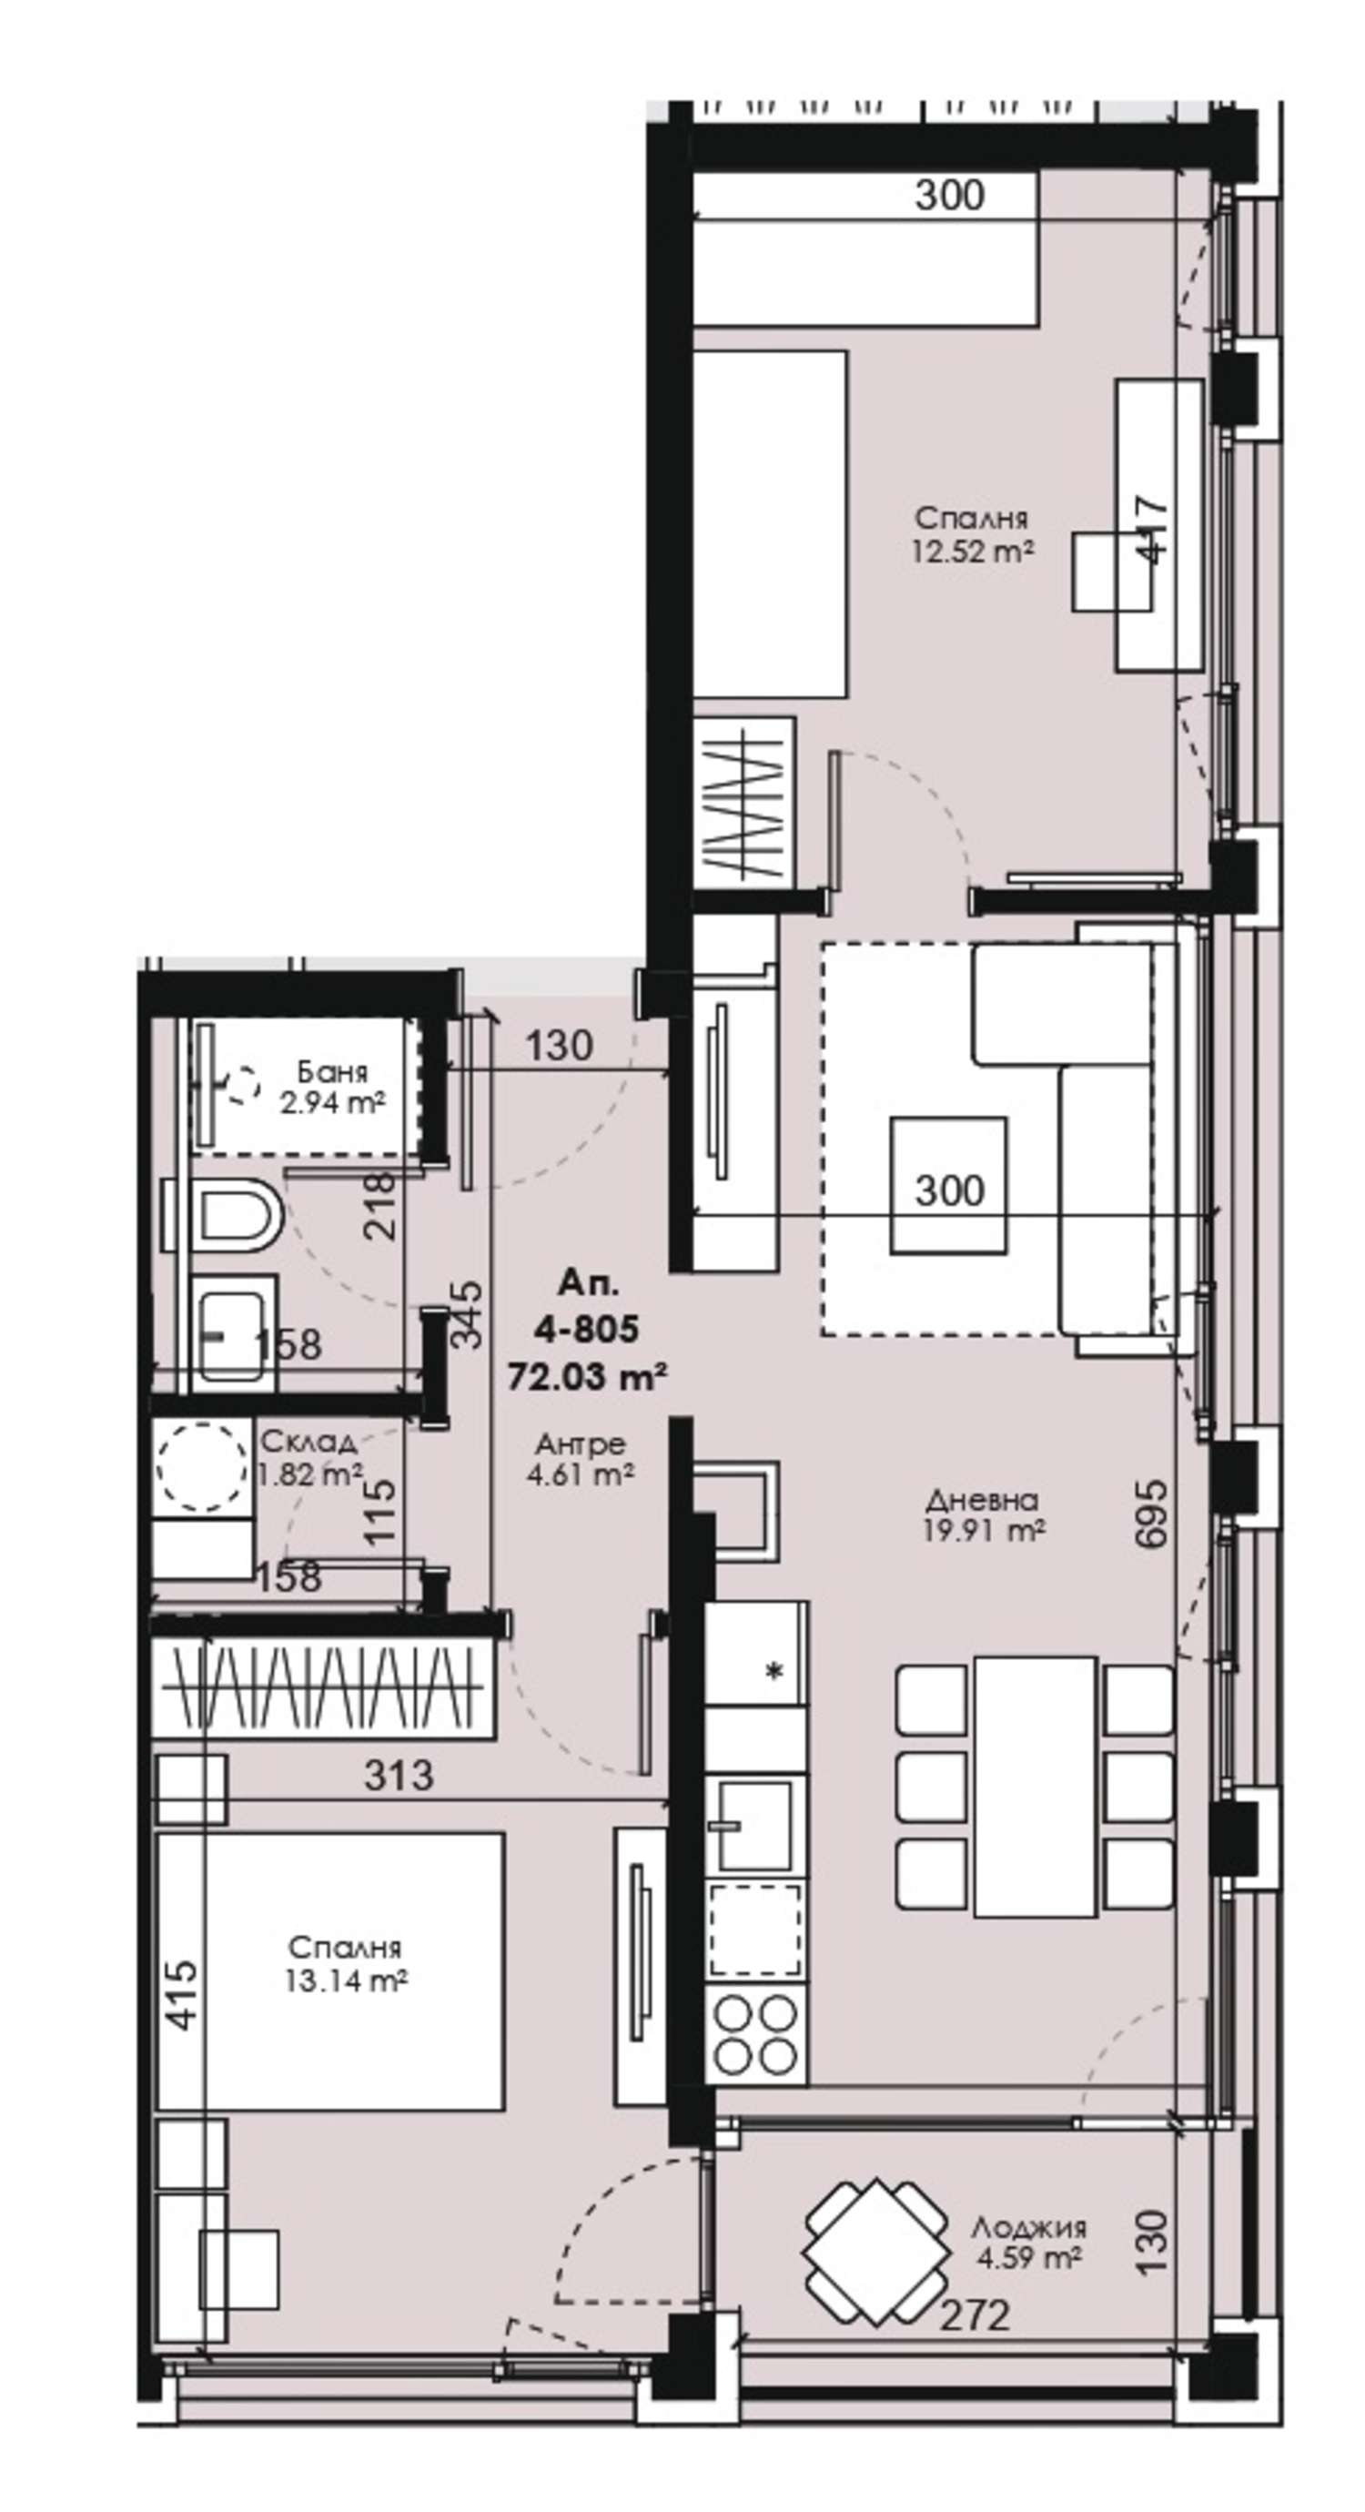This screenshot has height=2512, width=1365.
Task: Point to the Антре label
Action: coord(581,1444)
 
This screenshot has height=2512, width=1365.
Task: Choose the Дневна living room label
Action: coord(983,1500)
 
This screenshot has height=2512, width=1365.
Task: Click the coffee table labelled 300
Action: coord(948,1185)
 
